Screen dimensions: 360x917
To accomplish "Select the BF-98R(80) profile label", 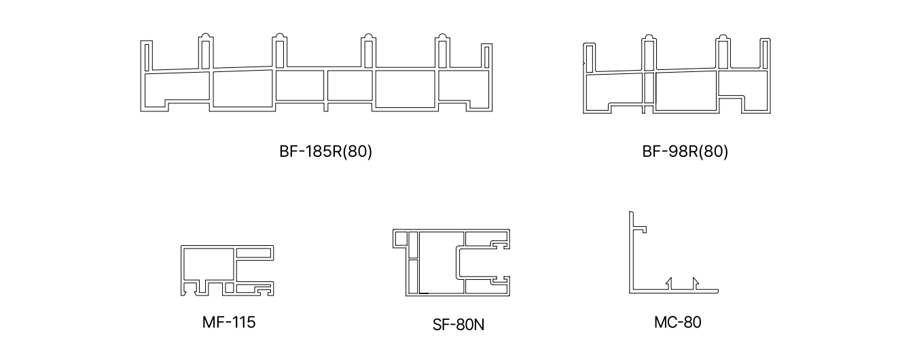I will (684, 151).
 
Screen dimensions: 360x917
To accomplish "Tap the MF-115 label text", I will (229, 321).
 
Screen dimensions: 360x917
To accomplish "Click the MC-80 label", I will (677, 321).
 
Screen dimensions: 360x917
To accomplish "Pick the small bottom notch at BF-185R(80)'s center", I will (326, 107).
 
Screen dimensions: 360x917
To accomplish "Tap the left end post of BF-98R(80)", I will (590, 57).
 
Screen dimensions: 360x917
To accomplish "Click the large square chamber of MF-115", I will (207, 264).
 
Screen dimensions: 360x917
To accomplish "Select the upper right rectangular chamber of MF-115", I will (255, 252).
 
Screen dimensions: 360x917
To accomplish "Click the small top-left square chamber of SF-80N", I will (401, 238).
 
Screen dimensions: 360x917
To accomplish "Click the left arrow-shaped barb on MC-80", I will (669, 283).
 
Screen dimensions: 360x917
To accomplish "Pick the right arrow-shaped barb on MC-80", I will (694, 283).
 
